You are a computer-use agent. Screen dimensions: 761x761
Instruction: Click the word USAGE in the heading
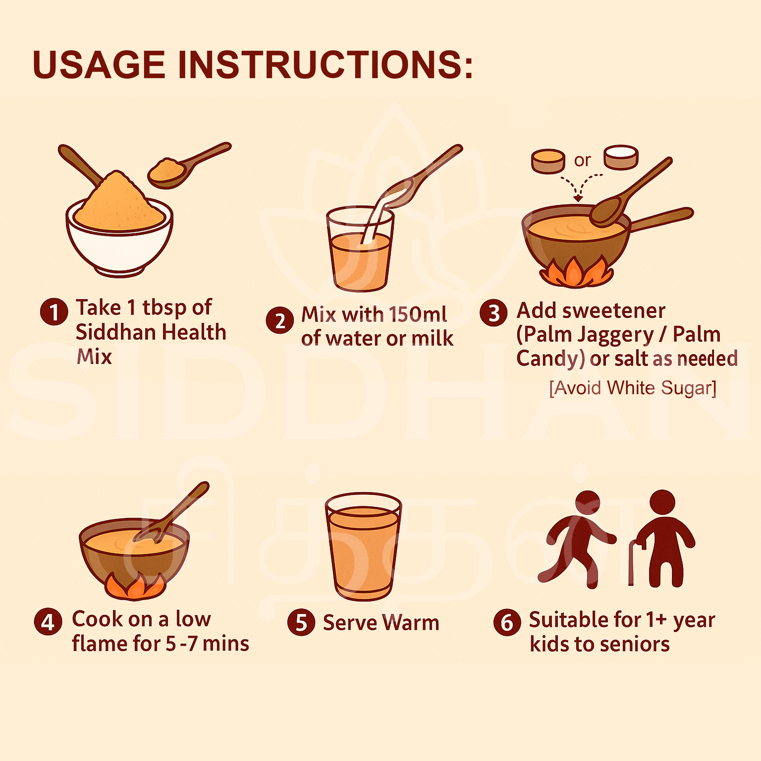(99, 64)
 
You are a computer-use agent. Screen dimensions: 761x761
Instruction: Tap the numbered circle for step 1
(54, 312)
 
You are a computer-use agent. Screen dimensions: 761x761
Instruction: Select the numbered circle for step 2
(280, 320)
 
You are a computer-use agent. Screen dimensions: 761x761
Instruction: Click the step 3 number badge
(494, 313)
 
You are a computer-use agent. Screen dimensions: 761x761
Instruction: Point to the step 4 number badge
(48, 621)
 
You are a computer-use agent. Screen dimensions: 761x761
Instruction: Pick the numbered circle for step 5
(302, 623)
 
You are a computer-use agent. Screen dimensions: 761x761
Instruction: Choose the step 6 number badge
(507, 622)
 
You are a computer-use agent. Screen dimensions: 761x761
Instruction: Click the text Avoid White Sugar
(633, 388)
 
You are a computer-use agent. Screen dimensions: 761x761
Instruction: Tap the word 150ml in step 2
(418, 314)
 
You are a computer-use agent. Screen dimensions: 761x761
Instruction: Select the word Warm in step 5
(411, 623)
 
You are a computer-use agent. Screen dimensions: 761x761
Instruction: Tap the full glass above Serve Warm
(363, 546)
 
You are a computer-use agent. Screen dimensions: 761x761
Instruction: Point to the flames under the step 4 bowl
(135, 587)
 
